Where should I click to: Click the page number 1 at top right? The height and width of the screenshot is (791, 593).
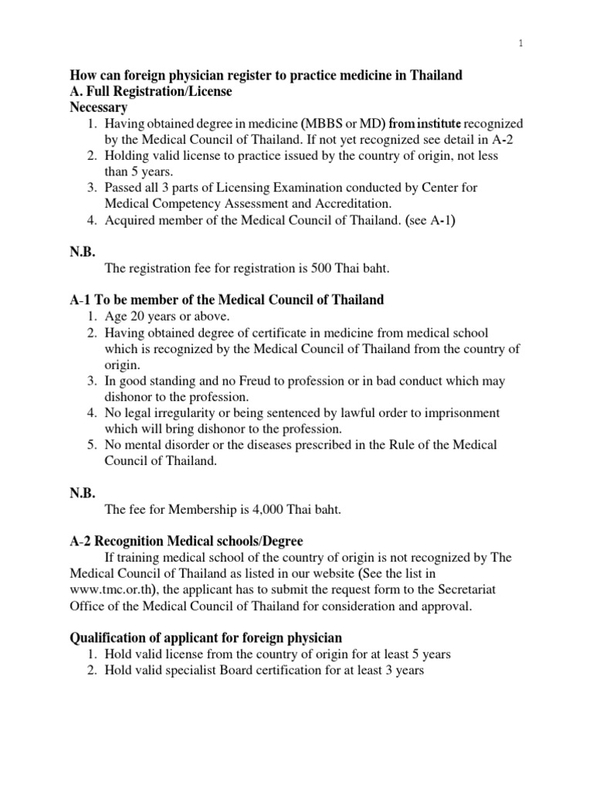pos(522,43)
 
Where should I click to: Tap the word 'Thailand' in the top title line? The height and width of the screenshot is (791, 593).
pos(435,75)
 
